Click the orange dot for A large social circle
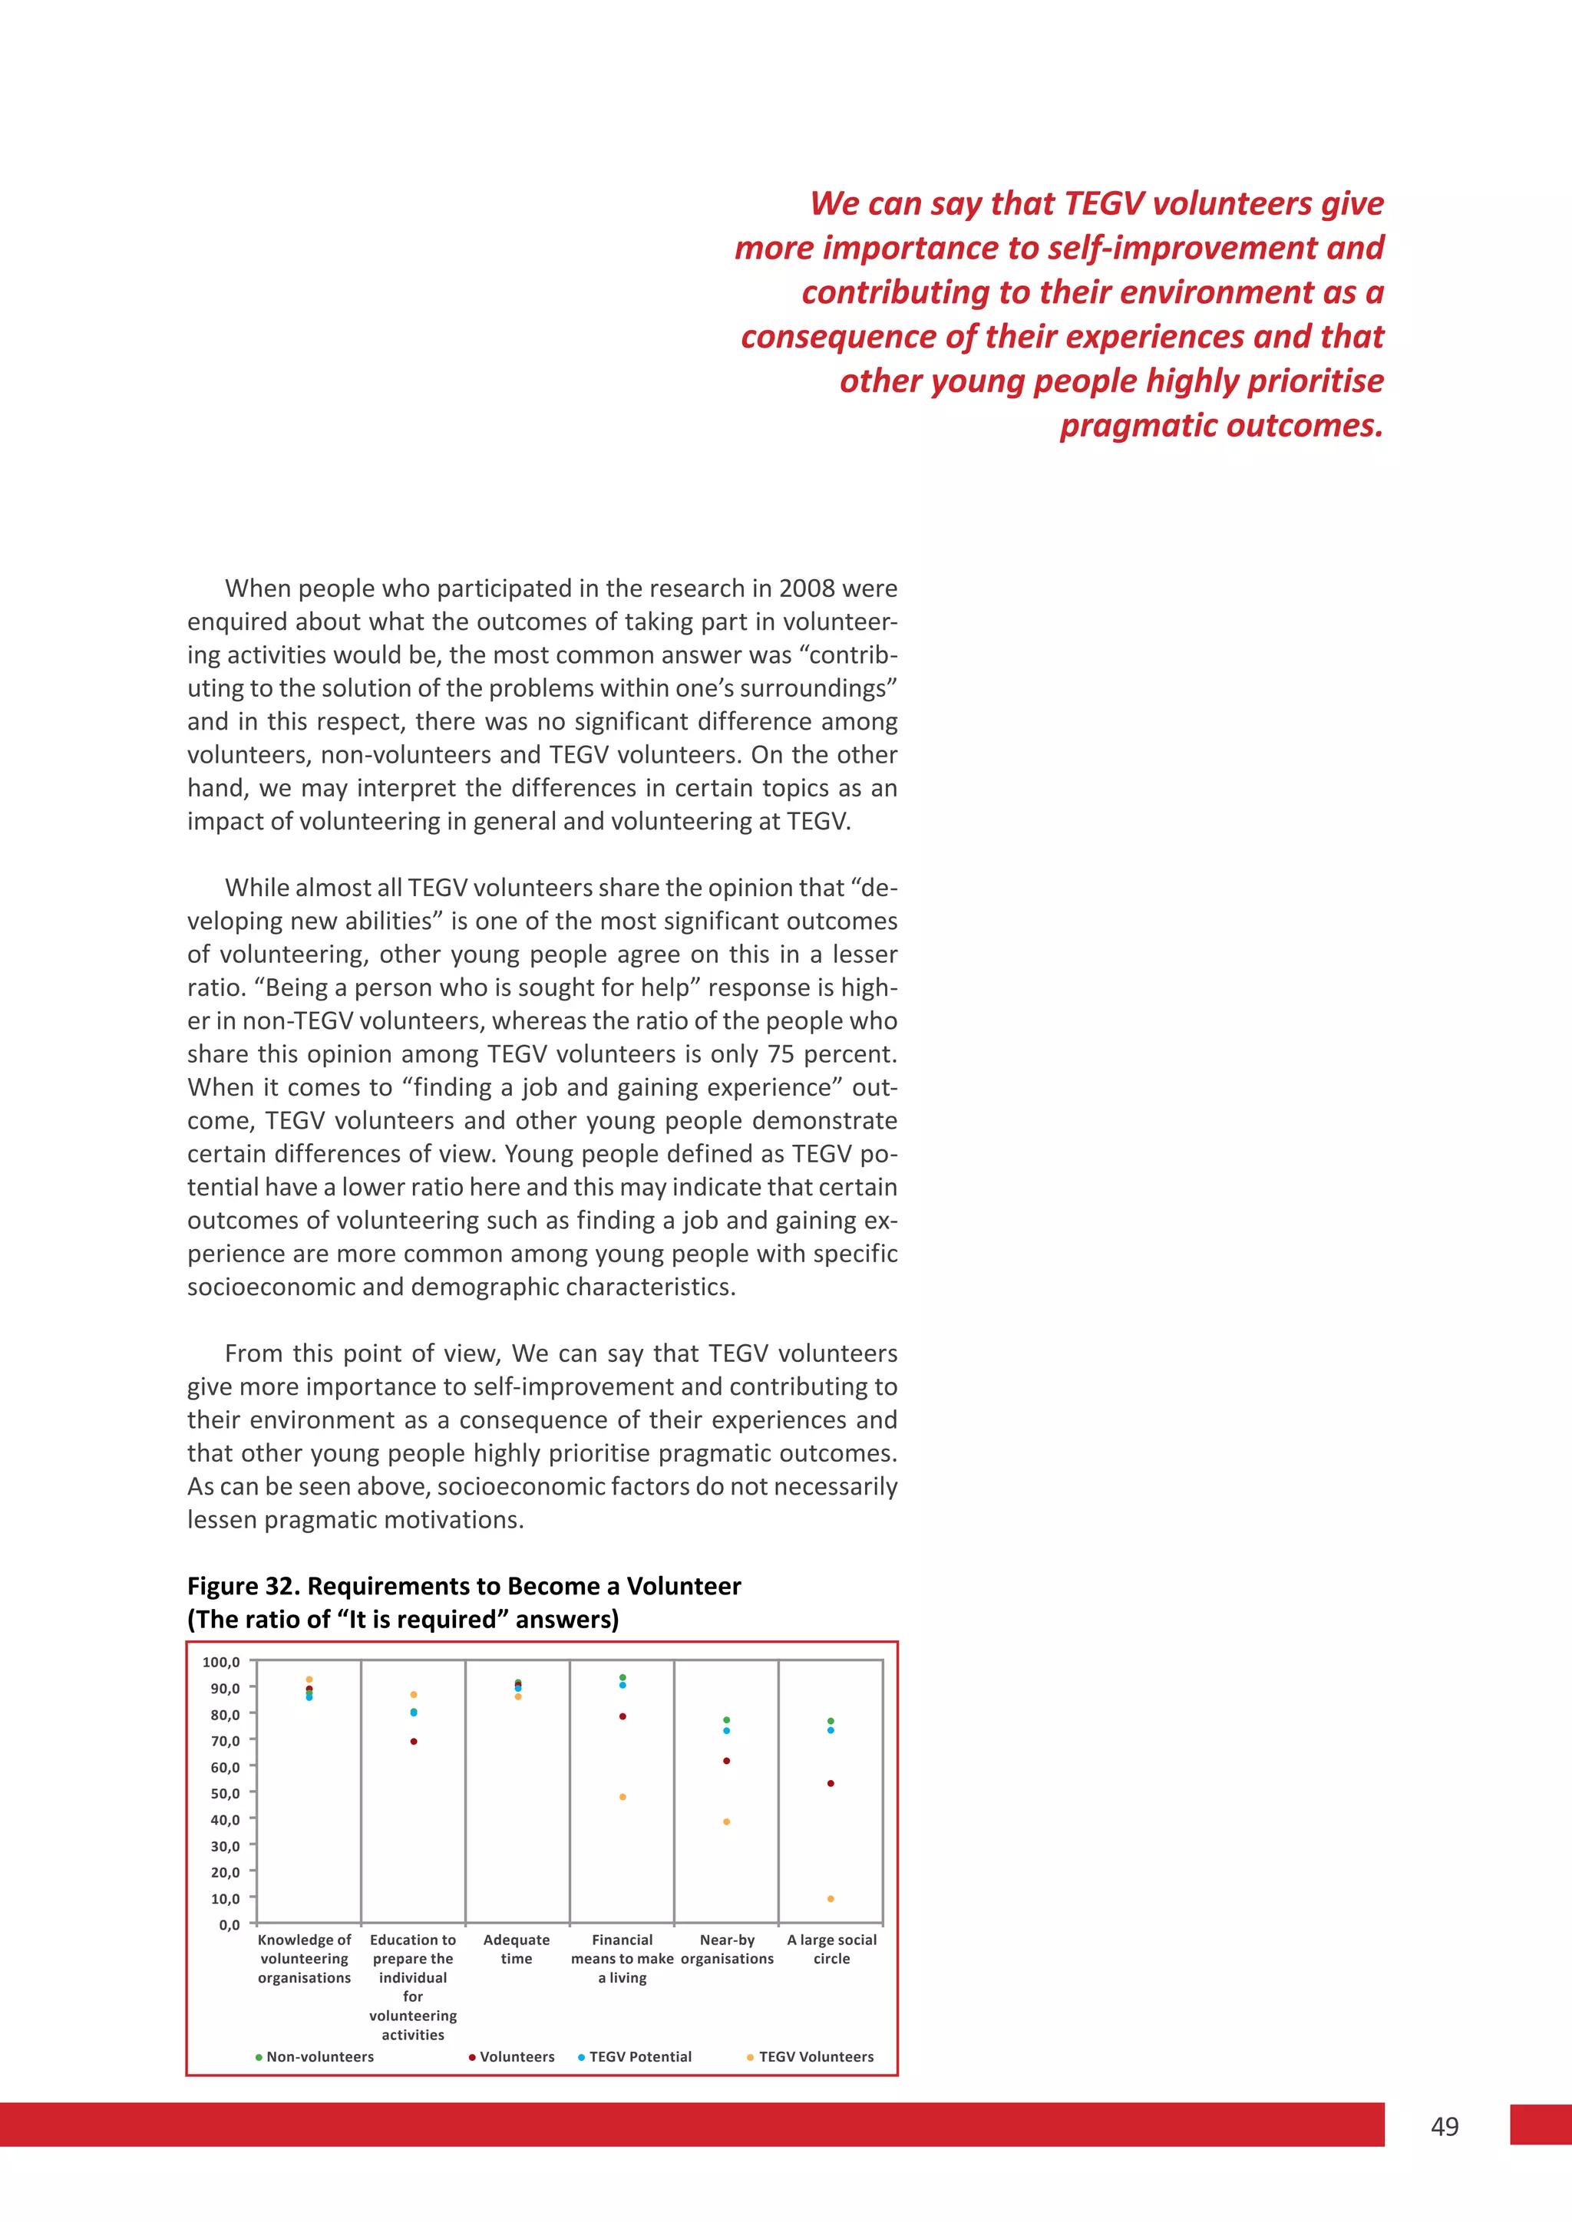tap(831, 1899)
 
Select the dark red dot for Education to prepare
tap(413, 1741)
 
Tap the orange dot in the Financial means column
tap(623, 1797)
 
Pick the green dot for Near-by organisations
tap(727, 1719)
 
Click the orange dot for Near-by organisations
tap(727, 1822)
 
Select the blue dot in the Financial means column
tap(623, 1685)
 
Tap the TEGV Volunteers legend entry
tap(815, 2056)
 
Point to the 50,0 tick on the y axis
tap(226, 1793)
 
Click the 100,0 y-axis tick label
tap(221, 1662)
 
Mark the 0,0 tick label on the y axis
tap(230, 1925)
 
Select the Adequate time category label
tap(516, 1949)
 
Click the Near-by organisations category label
tap(727, 1949)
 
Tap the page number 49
tap(1445, 2126)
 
